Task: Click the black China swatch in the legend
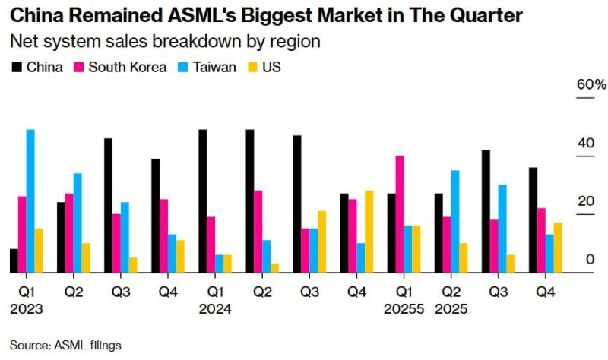pos(17,67)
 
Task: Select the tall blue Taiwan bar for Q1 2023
pos(30,201)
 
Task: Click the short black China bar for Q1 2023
pos(14,261)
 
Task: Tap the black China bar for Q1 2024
pos(203,201)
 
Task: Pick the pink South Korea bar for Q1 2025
pos(399,214)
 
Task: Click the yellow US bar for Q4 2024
pos(369,231)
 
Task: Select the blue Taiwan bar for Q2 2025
pos(455,221)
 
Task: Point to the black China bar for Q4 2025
pos(533,219)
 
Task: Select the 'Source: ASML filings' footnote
pos(65,346)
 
